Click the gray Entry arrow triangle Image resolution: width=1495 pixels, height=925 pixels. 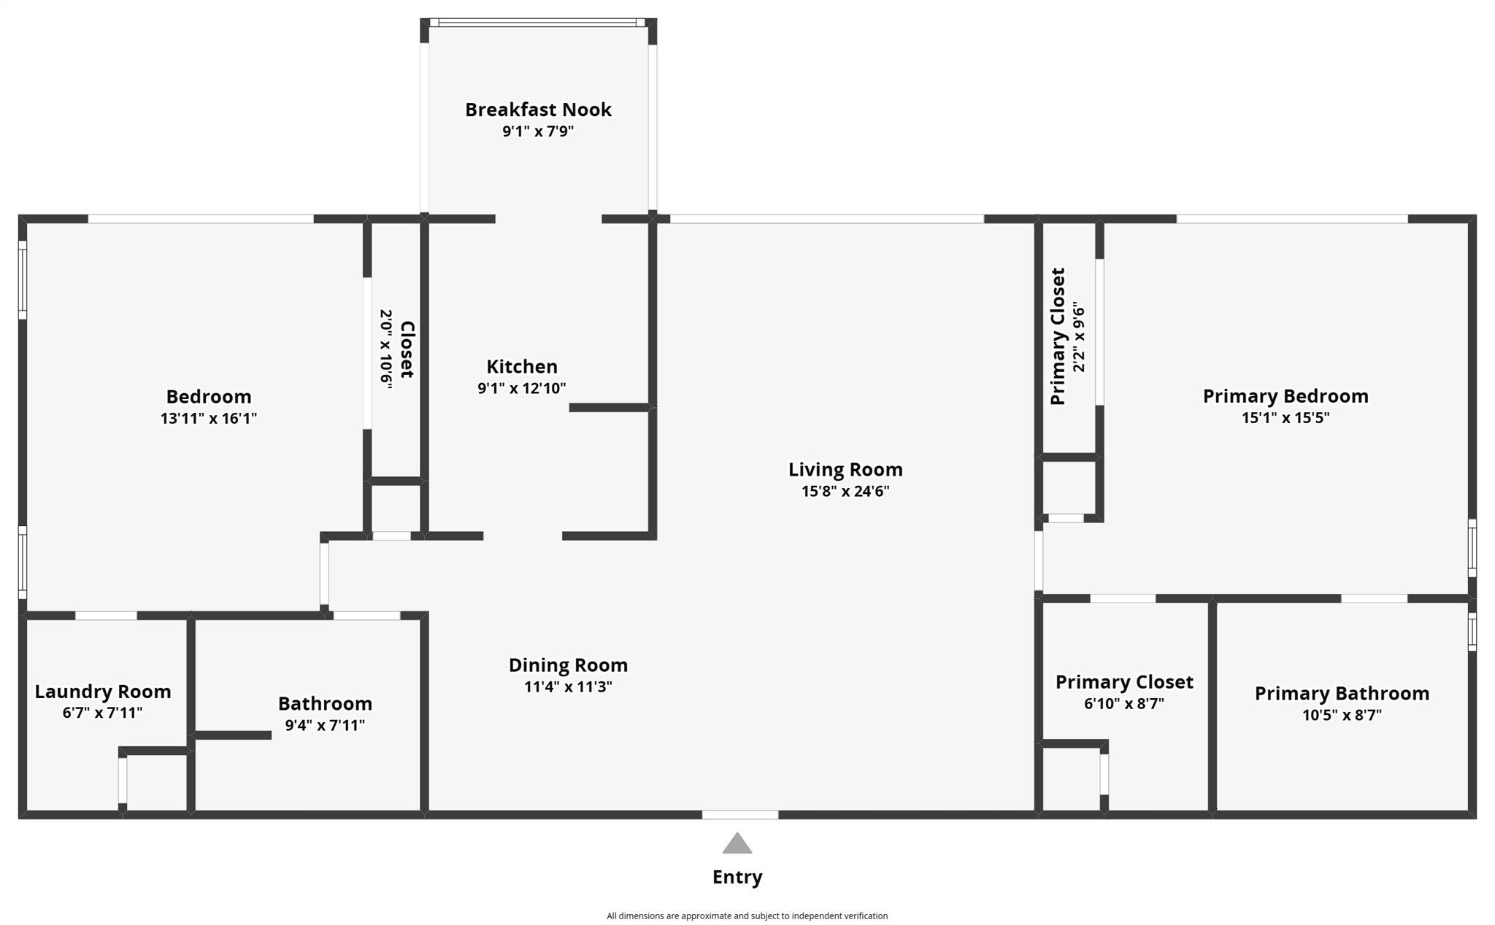pos(737,844)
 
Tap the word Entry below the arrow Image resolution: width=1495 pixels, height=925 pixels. pos(737,878)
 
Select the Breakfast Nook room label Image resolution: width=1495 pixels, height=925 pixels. pos(539,109)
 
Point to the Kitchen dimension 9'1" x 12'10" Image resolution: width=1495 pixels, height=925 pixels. pos(522,388)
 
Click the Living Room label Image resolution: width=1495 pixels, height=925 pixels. pos(845,470)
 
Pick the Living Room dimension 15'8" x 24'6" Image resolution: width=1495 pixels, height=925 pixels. pos(845,492)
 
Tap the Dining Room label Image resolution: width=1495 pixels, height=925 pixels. pos(568,665)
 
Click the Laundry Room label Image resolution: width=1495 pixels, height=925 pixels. pos(103,692)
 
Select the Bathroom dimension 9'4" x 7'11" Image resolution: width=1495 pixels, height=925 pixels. pos(325,726)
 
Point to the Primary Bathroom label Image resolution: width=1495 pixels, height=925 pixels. pos(1342,694)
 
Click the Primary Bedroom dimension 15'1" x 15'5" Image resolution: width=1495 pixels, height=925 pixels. pos(1285,418)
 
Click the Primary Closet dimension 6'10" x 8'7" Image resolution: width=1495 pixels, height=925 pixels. pos(1124,704)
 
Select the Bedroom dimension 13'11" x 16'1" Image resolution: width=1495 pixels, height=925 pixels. pos(209,419)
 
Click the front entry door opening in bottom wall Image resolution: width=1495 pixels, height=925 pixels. pos(740,815)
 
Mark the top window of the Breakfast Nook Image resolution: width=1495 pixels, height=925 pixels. pos(539,23)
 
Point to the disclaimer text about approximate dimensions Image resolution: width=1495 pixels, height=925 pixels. pos(747,916)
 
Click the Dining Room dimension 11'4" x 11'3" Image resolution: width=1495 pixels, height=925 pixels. pos(568,687)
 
